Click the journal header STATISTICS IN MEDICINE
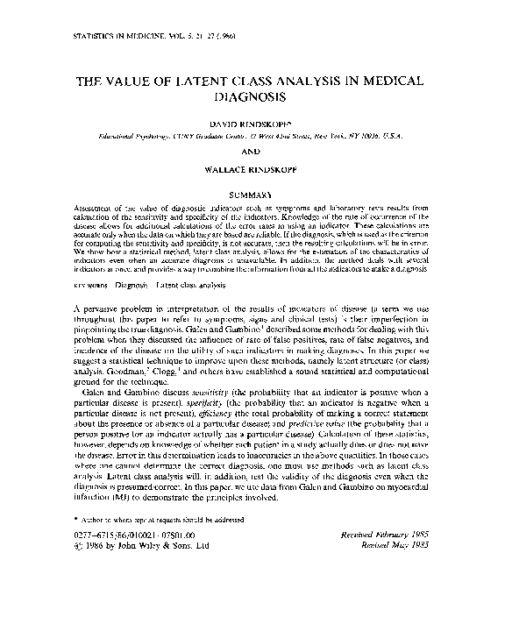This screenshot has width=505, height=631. click(x=111, y=38)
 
